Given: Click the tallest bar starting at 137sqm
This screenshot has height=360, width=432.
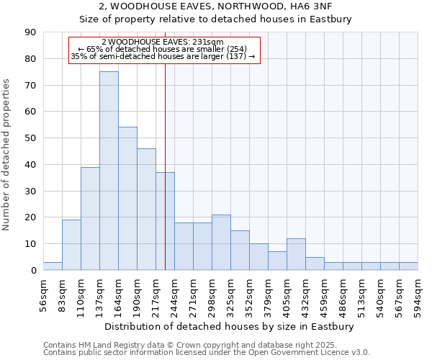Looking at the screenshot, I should click(109, 171).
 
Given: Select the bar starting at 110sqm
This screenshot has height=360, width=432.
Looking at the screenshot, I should click(90, 218).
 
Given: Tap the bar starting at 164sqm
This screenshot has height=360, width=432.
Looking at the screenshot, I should click(127, 198).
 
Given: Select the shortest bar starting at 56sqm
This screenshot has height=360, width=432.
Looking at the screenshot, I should click(53, 266).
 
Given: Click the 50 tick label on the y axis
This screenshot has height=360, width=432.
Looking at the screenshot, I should click(30, 138).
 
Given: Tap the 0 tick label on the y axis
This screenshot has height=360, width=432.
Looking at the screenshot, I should click(33, 271).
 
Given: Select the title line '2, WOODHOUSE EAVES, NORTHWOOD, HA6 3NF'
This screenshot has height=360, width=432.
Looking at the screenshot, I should click(215, 6).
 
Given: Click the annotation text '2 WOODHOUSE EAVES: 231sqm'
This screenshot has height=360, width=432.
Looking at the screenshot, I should click(163, 42).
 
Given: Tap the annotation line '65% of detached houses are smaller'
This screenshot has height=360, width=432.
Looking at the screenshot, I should click(163, 49).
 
